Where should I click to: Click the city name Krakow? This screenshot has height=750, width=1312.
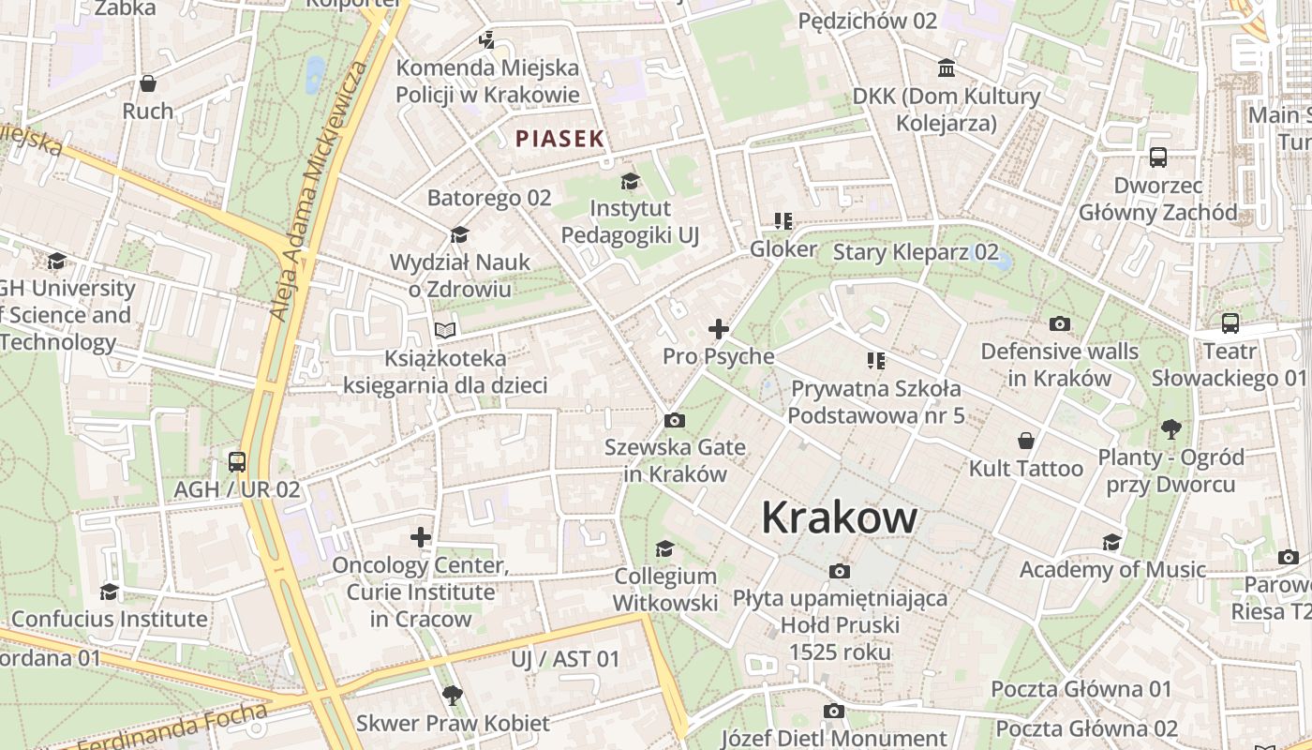tap(839, 517)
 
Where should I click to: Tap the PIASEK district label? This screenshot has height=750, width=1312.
tap(559, 139)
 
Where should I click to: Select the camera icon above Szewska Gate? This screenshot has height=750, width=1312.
tap(673, 420)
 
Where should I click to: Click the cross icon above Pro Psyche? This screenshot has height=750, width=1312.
tap(719, 329)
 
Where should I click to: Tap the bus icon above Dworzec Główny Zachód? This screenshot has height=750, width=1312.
tap(1158, 157)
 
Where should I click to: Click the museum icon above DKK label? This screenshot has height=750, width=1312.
tap(947, 68)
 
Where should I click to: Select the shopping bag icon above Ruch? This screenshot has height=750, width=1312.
tap(148, 83)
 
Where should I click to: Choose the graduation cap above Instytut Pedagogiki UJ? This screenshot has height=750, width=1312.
tap(630, 180)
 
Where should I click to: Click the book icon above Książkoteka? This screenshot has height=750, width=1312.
tap(445, 330)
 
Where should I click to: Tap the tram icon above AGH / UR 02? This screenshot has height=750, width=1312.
tap(237, 461)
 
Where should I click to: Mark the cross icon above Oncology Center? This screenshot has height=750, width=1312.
tap(421, 537)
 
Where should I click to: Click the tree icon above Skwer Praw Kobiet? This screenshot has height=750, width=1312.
tap(452, 695)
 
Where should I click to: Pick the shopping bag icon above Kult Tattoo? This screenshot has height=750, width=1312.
tap(1026, 440)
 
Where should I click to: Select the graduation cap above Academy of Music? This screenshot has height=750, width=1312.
tap(1111, 542)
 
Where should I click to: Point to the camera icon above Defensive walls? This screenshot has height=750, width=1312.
tap(1060, 323)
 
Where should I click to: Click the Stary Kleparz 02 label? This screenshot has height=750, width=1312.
tap(916, 251)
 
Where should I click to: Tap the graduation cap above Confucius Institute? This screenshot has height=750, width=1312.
tap(110, 592)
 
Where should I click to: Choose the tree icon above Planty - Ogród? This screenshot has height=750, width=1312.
tap(1170, 429)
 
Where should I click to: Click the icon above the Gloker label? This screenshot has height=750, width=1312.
tap(783, 221)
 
